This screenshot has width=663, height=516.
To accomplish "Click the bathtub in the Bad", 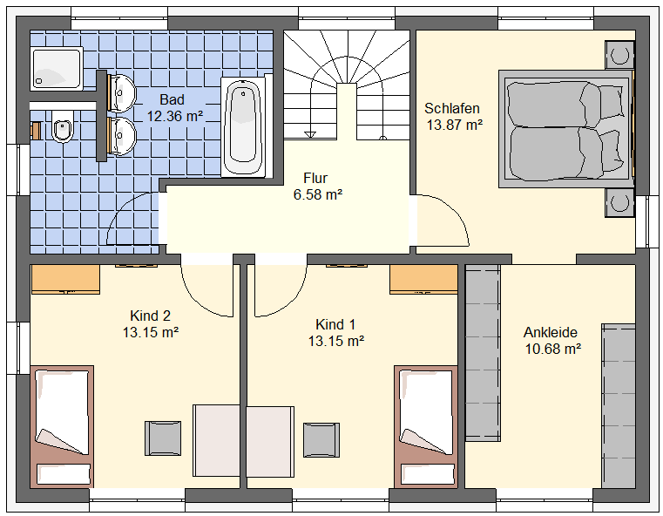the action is (243, 126).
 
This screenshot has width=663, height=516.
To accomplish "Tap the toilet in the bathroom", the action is (63, 126).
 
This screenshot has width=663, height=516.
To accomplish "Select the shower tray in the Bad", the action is (57, 69).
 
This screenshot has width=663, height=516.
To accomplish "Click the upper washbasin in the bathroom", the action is (122, 93).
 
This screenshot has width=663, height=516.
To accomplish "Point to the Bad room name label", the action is (173, 99).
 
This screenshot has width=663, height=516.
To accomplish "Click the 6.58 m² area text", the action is (317, 194).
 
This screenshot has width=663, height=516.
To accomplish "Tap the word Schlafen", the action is (452, 108).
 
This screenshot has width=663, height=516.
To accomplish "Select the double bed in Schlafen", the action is (566, 129).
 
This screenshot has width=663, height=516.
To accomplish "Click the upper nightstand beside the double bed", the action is (619, 55).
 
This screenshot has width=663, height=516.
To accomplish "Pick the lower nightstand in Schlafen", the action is (619, 202).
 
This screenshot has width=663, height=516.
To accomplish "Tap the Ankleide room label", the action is (551, 332).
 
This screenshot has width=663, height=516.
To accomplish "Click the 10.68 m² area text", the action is (553, 349).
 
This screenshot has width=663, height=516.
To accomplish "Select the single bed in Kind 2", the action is (62, 427).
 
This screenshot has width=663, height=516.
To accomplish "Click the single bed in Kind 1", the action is (426, 427).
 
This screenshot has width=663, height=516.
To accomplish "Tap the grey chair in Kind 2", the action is (163, 438).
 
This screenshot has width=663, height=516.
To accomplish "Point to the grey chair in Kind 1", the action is (321, 440).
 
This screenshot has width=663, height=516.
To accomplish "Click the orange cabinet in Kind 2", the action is (65, 279).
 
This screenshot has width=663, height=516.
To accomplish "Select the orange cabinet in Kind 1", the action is (423, 279).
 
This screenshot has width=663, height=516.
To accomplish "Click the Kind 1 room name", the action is (335, 324).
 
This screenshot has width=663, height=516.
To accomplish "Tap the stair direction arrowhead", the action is (310, 135).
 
